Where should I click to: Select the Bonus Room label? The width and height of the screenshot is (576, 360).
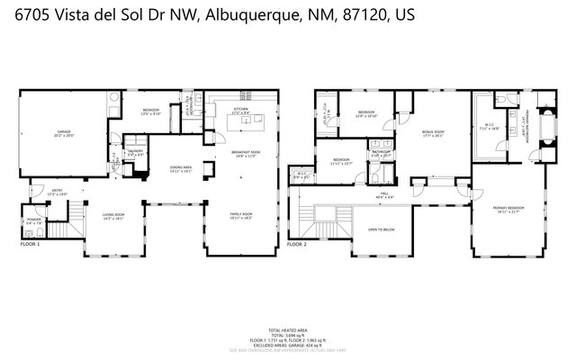(433, 132)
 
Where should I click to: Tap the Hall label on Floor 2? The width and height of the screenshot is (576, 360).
(382, 193)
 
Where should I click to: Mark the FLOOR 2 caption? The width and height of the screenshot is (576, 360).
(297, 244)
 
